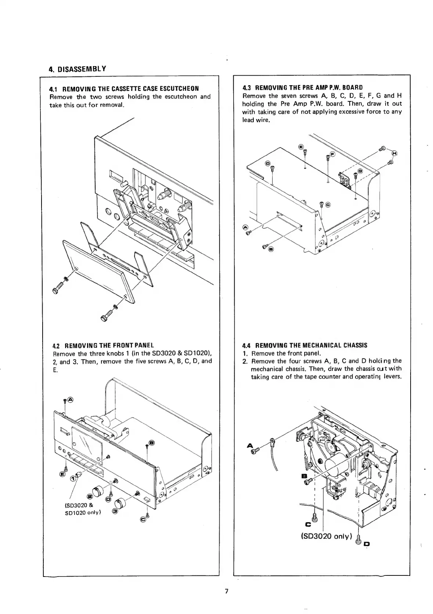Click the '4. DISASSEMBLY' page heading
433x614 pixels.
point(77,69)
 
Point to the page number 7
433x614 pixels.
point(227,591)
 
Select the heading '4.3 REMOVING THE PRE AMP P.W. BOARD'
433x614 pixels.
point(302,87)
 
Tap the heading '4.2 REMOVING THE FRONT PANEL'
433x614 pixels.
point(104,346)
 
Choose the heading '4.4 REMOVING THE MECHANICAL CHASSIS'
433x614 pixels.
point(304,345)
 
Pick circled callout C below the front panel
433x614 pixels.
point(143,519)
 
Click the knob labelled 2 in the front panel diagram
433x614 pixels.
point(98,491)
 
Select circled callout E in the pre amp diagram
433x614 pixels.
point(301,147)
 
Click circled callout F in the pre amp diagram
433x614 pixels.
point(332,154)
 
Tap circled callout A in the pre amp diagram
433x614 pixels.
point(245,227)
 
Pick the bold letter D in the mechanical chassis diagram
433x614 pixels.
point(367,543)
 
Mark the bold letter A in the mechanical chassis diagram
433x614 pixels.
point(250,445)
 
